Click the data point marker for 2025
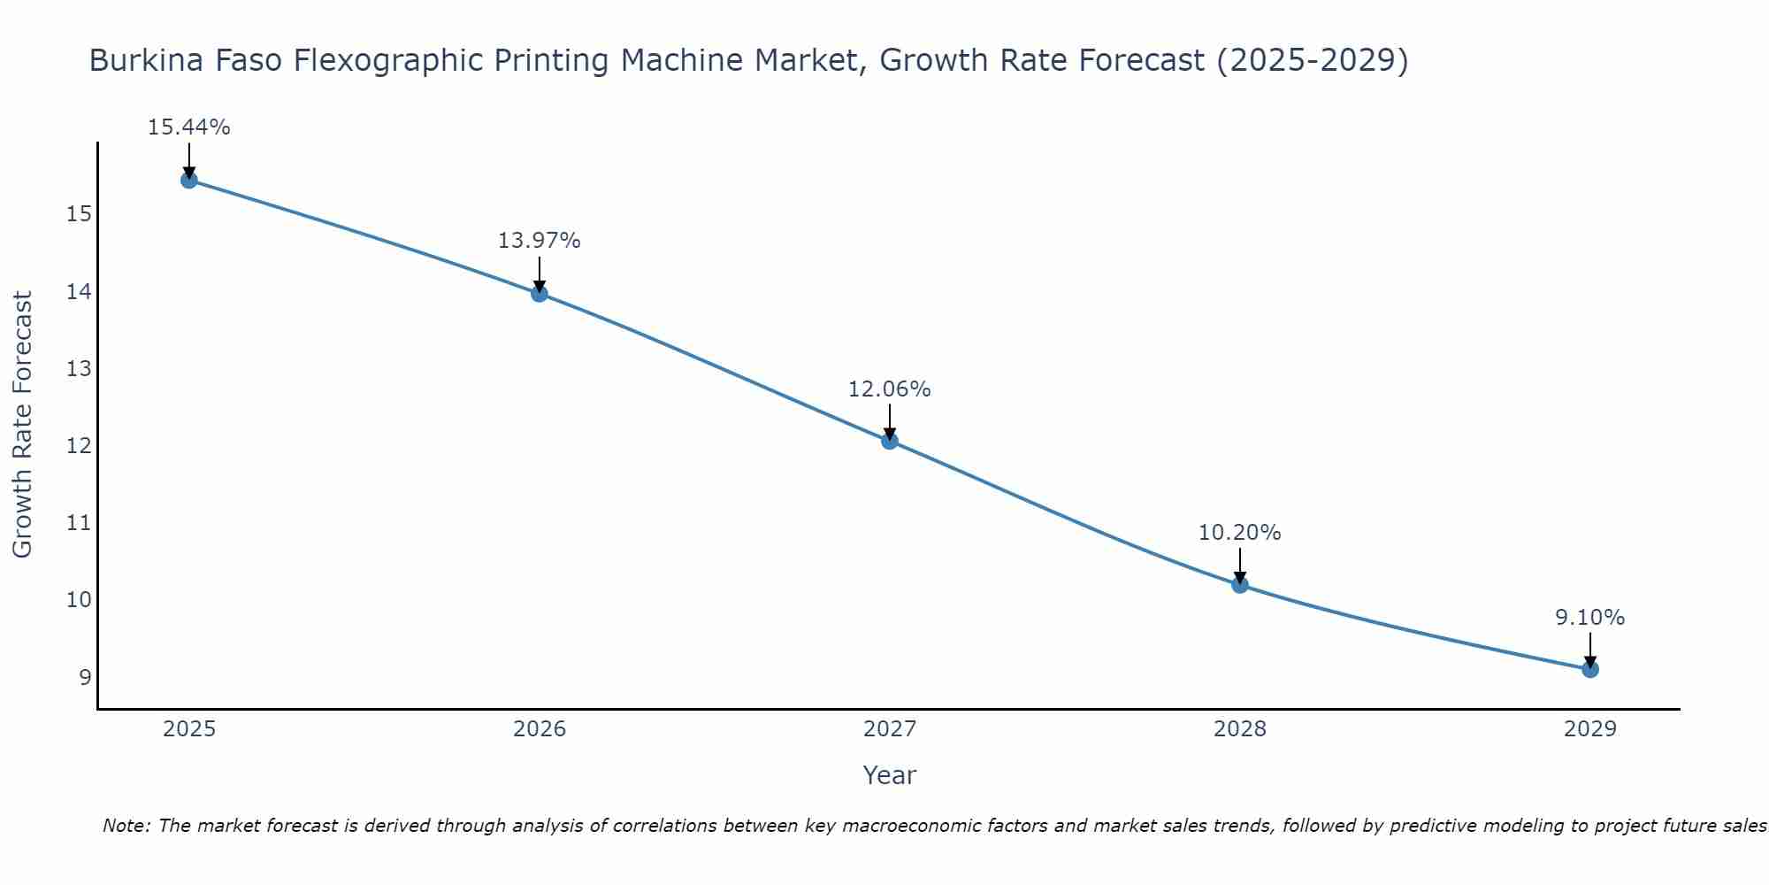(188, 181)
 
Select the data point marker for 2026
(540, 294)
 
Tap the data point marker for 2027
(890, 441)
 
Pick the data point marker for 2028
(1240, 585)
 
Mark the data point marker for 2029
(1590, 669)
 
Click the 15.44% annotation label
(188, 127)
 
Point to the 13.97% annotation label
(539, 241)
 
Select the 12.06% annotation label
(889, 389)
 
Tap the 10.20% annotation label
(1239, 533)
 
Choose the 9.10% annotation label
(1589, 618)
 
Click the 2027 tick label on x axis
(890, 729)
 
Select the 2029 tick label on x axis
(1590, 729)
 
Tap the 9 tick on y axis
(85, 678)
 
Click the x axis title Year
(889, 775)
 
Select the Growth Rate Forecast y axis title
(22, 425)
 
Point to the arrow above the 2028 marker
(1240, 565)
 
